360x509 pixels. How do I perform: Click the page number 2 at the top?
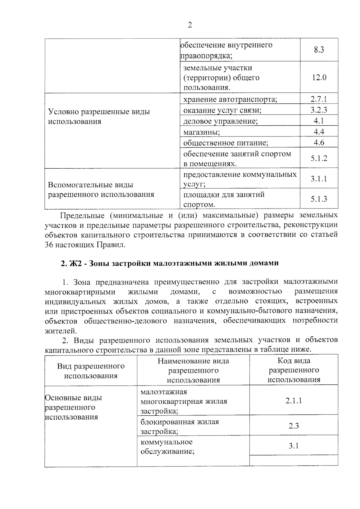coord(190,25)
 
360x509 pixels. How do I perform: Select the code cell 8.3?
coord(319,50)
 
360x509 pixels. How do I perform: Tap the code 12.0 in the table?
coord(319,78)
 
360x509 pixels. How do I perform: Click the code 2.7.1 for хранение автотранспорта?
coord(319,99)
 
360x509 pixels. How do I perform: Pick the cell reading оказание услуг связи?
coord(222,110)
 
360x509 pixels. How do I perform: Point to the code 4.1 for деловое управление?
coord(319,121)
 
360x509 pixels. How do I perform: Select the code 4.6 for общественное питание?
coord(319,142)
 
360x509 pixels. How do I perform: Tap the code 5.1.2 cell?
coord(319,158)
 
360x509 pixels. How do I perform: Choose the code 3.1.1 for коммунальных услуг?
coord(319,179)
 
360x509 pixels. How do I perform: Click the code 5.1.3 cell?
coord(319,199)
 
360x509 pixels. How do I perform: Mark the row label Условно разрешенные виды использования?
coord(99,116)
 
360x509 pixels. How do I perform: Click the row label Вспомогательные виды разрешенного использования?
coord(101,190)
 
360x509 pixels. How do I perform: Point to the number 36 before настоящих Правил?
coord(49,245)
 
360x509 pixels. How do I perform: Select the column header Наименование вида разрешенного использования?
coord(193,370)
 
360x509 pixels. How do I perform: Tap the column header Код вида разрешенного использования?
coord(294,370)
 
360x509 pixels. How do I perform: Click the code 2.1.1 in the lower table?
coord(294,401)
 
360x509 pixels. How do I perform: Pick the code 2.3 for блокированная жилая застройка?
coord(294,426)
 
